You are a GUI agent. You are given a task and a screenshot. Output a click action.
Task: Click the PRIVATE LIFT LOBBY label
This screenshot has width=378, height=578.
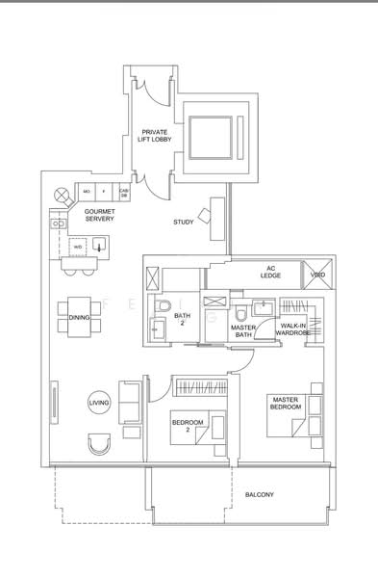(x=154, y=137)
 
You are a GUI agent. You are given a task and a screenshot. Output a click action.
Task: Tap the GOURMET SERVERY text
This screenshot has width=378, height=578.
(x=100, y=216)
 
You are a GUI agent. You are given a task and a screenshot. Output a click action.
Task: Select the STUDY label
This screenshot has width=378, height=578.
(x=183, y=223)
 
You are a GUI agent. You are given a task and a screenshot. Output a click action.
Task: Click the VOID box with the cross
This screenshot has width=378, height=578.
(x=318, y=275)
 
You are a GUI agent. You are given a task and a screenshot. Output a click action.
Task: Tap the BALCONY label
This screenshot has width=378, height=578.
(x=259, y=495)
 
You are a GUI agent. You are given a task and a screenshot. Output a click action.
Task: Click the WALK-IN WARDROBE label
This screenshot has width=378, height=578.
(x=294, y=330)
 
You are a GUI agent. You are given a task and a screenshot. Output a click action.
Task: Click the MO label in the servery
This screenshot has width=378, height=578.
(x=87, y=192)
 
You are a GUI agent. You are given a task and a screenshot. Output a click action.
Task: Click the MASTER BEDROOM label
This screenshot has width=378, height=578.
(x=287, y=404)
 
